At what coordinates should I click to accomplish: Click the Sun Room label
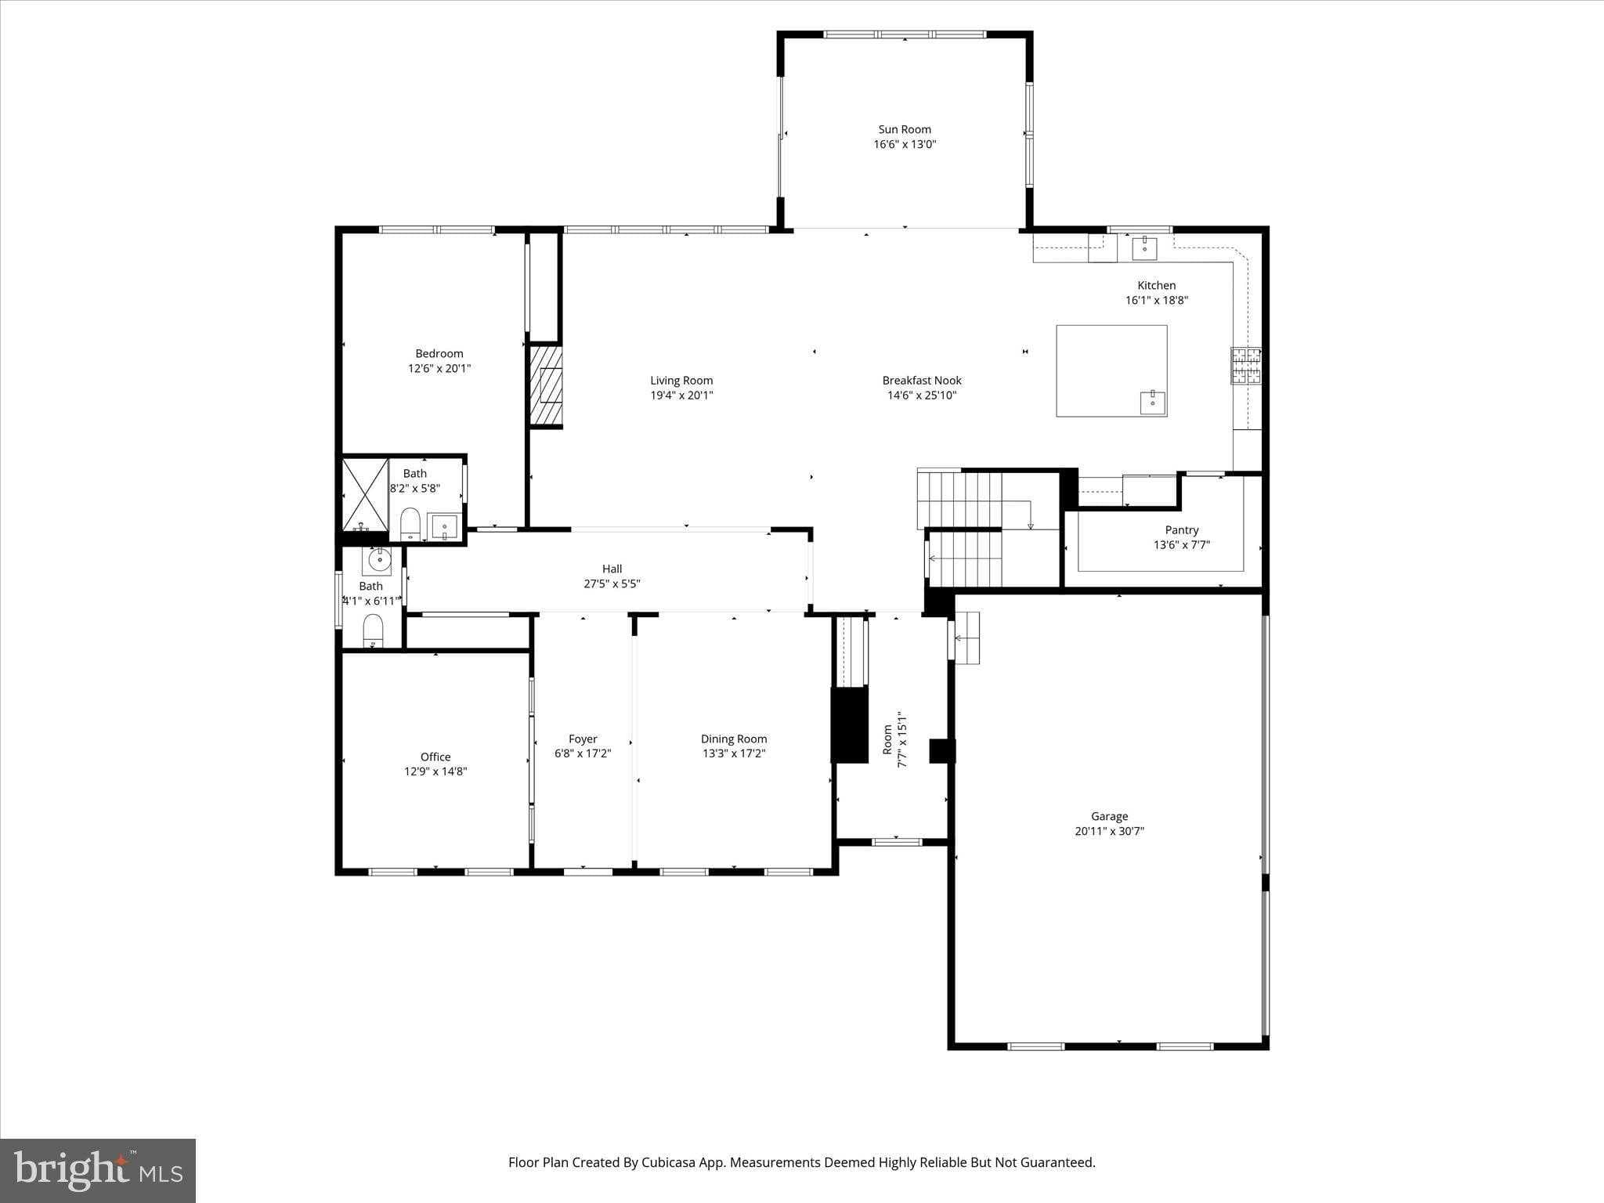click(905, 129)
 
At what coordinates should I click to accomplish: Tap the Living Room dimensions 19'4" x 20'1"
click(681, 396)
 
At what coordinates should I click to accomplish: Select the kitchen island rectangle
click(1111, 370)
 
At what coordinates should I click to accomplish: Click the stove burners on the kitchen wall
click(1245, 366)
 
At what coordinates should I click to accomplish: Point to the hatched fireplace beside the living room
click(546, 385)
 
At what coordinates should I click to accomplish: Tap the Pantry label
click(1181, 530)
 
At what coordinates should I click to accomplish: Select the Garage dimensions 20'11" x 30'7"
click(1109, 831)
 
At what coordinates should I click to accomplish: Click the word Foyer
click(583, 739)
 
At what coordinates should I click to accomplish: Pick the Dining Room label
click(734, 739)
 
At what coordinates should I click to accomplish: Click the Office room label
click(435, 757)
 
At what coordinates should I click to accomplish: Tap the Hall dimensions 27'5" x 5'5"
click(612, 583)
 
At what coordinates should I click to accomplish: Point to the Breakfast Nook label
click(922, 381)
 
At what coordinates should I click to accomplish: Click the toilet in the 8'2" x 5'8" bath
click(410, 523)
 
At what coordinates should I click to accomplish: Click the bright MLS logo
click(98, 1171)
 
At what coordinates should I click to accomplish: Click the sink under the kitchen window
click(1144, 247)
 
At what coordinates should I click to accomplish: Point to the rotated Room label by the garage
click(887, 739)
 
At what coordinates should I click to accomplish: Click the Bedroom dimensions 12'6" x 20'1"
click(439, 368)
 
